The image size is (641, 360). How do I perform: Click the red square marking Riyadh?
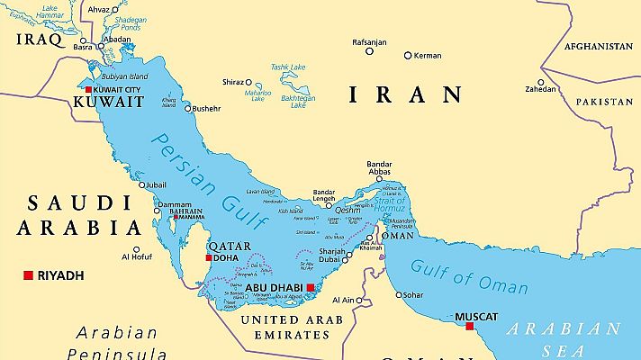(x=29, y=274)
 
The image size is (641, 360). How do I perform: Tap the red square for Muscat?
(x=468, y=326)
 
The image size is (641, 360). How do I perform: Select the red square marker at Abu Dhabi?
(x=311, y=288)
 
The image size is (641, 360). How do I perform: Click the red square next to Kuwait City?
(x=88, y=91)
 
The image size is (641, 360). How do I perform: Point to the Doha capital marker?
(x=209, y=258)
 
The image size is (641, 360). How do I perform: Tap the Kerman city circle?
(x=407, y=55)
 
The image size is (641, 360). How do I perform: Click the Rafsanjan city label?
(x=368, y=40)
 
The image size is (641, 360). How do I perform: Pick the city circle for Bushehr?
(x=188, y=108)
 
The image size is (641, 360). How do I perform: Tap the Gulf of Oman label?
(x=469, y=276)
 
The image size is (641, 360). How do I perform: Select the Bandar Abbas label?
(x=379, y=169)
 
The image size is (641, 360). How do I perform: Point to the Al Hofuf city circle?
(x=137, y=249)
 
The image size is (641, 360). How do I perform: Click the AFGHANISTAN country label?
(x=598, y=46)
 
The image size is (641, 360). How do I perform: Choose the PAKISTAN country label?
(x=604, y=102)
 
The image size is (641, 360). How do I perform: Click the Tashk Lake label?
(x=288, y=67)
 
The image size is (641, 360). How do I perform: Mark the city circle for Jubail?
(x=140, y=185)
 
